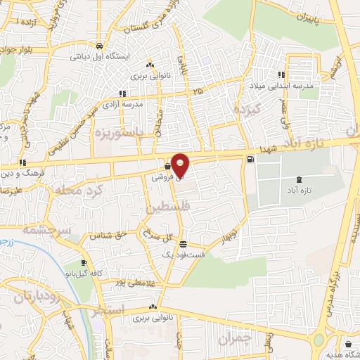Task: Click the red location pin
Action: [x=181, y=166]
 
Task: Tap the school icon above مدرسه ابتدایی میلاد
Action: [x=281, y=75]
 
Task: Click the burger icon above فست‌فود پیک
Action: [x=183, y=245]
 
